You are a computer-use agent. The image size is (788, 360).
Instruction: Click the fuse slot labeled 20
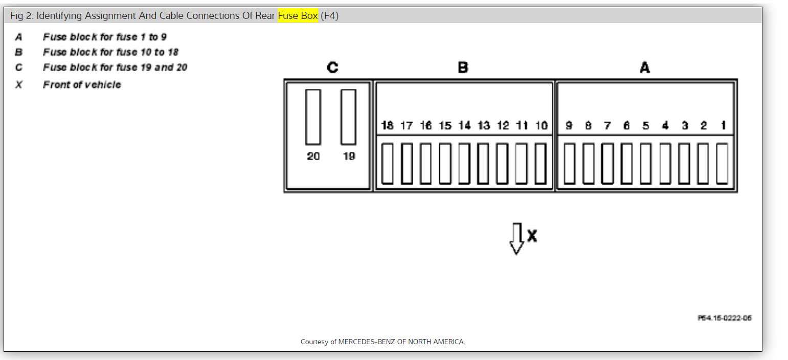pyautogui.click(x=313, y=117)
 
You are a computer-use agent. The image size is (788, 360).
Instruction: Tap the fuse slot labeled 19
pyautogui.click(x=349, y=117)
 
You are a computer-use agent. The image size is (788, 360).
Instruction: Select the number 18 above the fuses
pyautogui.click(x=388, y=125)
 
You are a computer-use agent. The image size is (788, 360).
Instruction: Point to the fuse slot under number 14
pyautogui.click(x=464, y=164)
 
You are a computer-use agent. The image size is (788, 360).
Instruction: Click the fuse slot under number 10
pyautogui.click(x=541, y=164)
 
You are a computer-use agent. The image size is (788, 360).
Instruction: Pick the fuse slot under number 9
pyautogui.click(x=569, y=164)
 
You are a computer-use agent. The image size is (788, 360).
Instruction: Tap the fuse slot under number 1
pyautogui.click(x=722, y=164)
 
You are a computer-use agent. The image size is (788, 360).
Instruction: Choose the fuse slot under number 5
pyautogui.click(x=646, y=164)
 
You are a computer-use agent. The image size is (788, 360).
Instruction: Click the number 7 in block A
pyautogui.click(x=607, y=125)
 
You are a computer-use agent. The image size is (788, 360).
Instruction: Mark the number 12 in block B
pyautogui.click(x=503, y=125)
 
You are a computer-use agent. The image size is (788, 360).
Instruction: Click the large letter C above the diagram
pyautogui.click(x=332, y=67)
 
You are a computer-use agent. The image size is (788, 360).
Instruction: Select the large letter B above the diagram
pyautogui.click(x=463, y=67)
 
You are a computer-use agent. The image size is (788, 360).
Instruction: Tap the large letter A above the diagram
pyautogui.click(x=645, y=67)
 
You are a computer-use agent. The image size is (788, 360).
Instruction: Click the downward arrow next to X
pyautogui.click(x=516, y=238)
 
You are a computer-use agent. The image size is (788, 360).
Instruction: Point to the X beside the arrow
pyautogui.click(x=532, y=236)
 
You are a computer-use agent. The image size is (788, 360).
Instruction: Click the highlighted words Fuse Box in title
pyautogui.click(x=298, y=16)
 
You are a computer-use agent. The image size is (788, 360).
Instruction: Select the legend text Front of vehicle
pyautogui.click(x=82, y=85)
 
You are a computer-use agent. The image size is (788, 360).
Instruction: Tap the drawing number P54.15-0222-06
pyautogui.click(x=725, y=318)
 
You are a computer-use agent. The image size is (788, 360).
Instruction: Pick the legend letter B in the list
pyautogui.click(x=19, y=52)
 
